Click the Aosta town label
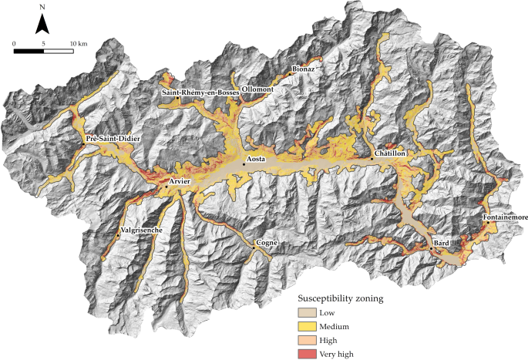click(x=255, y=159)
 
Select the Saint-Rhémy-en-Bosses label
click(x=200, y=93)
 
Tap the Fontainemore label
click(x=506, y=218)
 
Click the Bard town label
click(x=442, y=242)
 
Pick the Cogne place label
click(x=267, y=243)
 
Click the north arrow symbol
click(x=42, y=25)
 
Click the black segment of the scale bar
click(x=29, y=52)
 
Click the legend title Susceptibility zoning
click(x=341, y=298)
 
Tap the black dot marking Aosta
click(x=244, y=163)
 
